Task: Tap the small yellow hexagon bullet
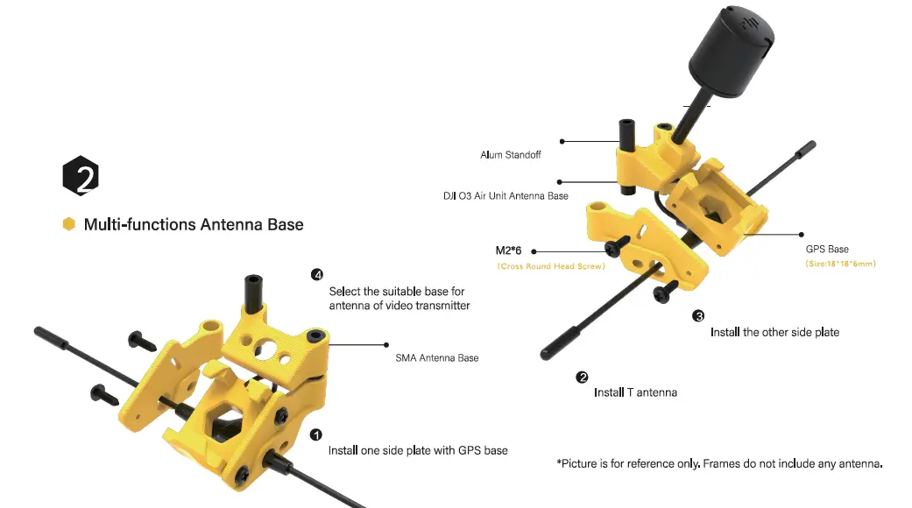pos(68,224)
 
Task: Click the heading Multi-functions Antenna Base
pos(194,225)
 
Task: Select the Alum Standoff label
pos(510,155)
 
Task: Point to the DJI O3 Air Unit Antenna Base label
pos(505,195)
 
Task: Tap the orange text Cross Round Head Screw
pos(551,266)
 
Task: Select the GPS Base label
pos(827,250)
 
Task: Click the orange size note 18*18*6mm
pos(840,264)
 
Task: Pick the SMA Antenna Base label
pos(437,358)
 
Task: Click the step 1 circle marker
pos(316,434)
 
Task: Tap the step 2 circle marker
pos(582,377)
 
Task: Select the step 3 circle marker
pos(698,316)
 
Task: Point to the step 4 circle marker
pos(317,275)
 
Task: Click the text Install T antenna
pos(635,392)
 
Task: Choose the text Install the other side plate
pos(774,332)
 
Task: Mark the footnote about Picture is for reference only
pos(719,463)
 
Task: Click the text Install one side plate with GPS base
pos(418,450)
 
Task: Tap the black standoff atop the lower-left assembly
pos(251,293)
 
